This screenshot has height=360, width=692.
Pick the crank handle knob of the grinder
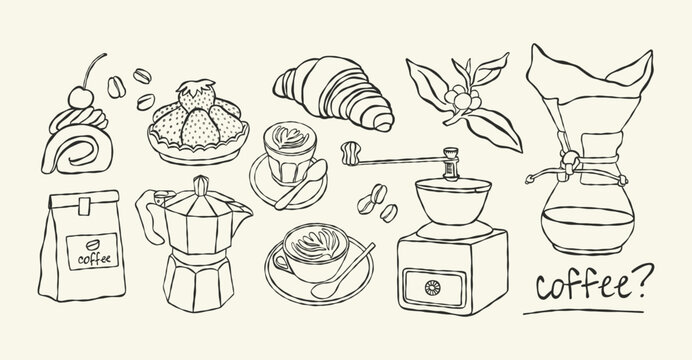351,152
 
